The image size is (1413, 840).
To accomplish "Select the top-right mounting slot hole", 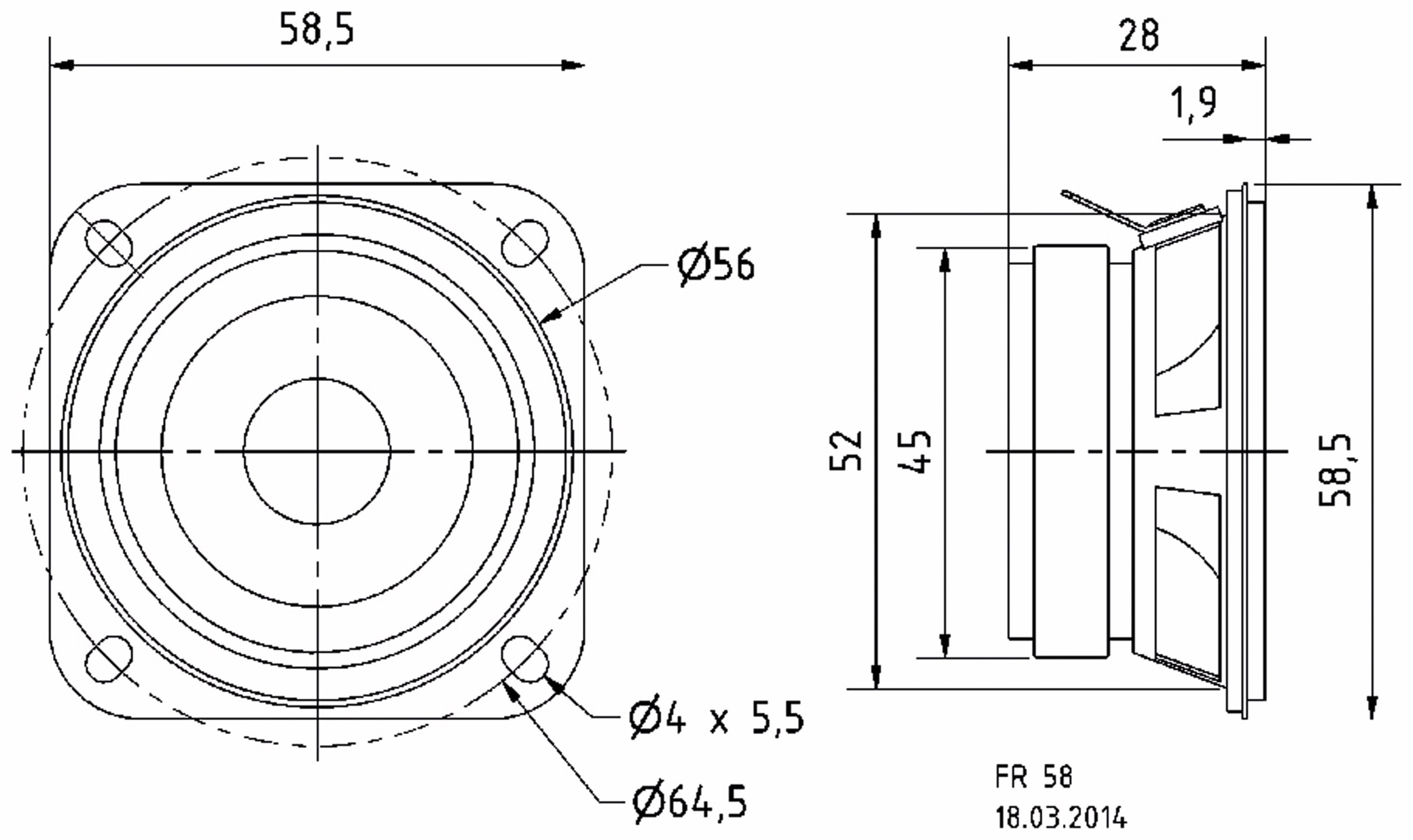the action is point(524,243).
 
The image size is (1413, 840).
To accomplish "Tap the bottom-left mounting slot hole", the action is point(109,659).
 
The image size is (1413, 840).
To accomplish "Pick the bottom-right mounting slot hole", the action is point(524,659).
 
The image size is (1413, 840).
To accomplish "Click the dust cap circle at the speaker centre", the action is point(317,451).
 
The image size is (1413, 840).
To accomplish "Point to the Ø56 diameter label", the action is point(716,264).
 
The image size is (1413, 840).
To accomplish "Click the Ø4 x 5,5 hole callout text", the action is point(717,718).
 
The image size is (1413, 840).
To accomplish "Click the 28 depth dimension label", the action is point(1139,35).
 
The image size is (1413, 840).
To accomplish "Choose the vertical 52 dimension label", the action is point(846,450).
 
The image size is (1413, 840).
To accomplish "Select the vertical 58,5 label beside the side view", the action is point(1336,470).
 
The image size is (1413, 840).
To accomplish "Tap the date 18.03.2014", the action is point(1061,818).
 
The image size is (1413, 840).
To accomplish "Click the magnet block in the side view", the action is point(1071,451).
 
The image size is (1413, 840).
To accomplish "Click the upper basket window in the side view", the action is point(1187,333).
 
